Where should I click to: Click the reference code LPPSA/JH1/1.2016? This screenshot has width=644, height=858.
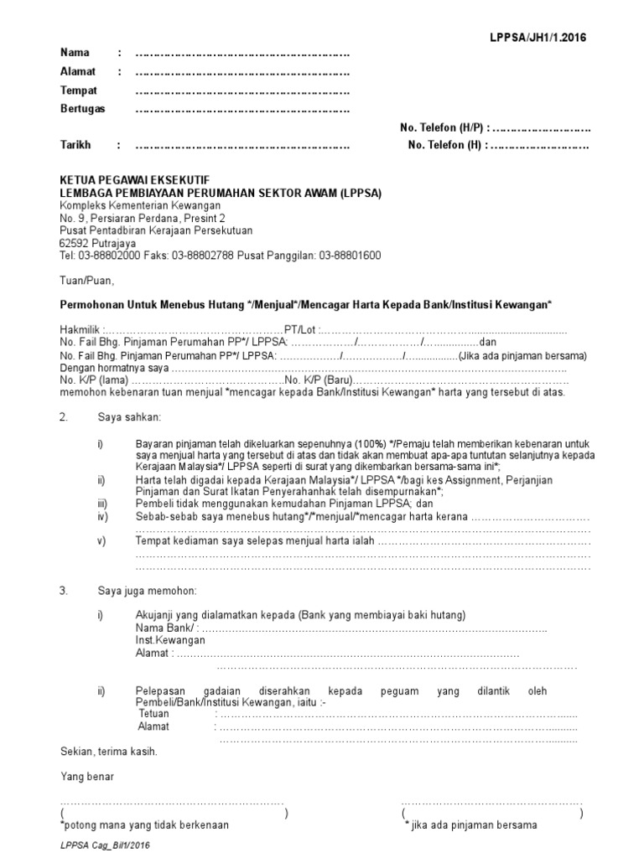point(539,38)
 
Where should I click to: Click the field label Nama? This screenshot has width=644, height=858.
point(75,53)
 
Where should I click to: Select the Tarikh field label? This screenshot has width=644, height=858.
point(76,145)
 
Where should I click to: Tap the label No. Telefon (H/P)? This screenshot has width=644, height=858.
point(441,127)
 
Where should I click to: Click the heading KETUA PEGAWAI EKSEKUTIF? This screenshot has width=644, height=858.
point(135,180)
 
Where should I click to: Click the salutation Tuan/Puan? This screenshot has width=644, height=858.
point(85,280)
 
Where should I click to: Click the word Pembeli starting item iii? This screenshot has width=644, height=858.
point(154,504)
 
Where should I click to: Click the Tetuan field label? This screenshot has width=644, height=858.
point(154,713)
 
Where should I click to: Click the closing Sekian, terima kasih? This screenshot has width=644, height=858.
point(108,751)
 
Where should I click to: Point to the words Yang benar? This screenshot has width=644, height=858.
point(87,776)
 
